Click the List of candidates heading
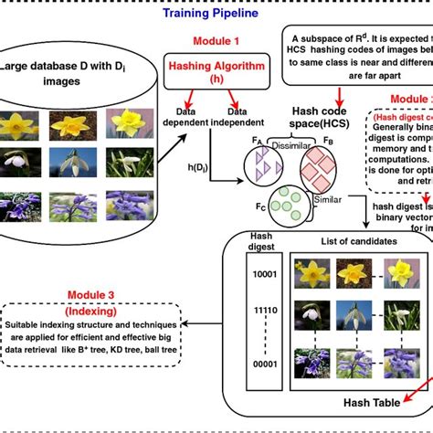(x=357, y=241)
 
